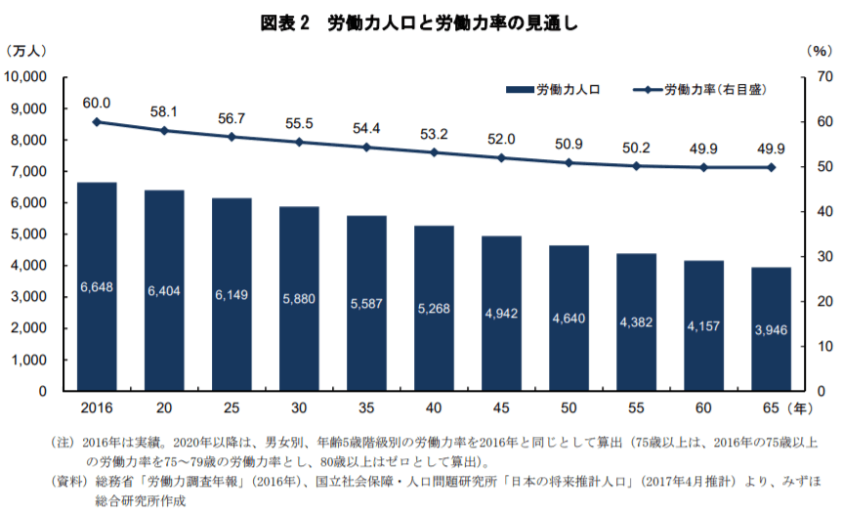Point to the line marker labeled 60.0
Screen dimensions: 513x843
(x=97, y=122)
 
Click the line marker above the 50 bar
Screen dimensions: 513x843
(x=569, y=162)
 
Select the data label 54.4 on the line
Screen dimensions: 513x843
(x=366, y=129)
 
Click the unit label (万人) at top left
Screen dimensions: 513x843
(x=31, y=49)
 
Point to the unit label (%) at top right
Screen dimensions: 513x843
(x=817, y=49)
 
